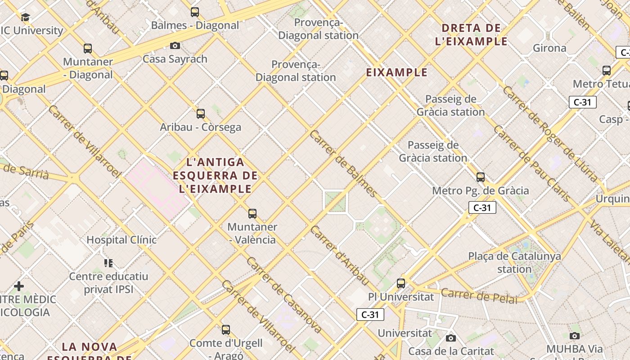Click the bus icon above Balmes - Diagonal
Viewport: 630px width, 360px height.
(195, 12)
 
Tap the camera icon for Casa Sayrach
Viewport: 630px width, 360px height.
(175, 45)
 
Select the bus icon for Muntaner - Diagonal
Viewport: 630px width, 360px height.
(88, 49)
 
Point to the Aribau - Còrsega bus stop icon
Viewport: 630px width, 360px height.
(201, 114)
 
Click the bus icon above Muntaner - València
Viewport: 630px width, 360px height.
(252, 214)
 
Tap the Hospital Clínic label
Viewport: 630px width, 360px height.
(121, 240)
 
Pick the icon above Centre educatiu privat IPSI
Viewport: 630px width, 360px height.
(108, 263)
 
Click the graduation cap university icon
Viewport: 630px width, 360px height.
(26, 18)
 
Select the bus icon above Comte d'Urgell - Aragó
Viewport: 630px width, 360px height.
(226, 330)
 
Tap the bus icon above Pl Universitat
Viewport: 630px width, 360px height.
(401, 283)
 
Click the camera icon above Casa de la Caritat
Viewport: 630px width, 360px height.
(451, 338)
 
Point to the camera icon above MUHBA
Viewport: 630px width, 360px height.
(575, 336)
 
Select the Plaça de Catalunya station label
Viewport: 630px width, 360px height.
(514, 263)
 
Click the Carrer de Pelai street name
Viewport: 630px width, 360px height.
(479, 296)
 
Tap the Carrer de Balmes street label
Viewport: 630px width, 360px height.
(343, 164)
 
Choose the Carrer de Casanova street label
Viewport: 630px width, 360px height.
(283, 295)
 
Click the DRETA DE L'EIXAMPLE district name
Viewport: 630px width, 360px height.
(471, 35)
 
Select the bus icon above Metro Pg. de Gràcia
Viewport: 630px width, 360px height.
(481, 177)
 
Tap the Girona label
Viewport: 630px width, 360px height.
(549, 48)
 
